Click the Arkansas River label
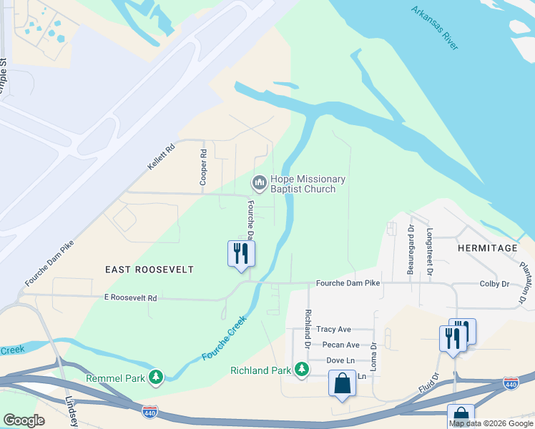[x=435, y=29]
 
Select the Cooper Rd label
[x=204, y=167]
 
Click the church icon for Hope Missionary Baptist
[x=259, y=184]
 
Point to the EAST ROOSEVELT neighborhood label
[x=149, y=270]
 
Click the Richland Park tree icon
[x=302, y=369]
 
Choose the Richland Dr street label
[x=308, y=325]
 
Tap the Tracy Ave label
[x=333, y=330]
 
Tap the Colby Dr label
[x=494, y=284]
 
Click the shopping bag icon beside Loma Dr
[x=343, y=383]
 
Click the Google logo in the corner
[x=24, y=421]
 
